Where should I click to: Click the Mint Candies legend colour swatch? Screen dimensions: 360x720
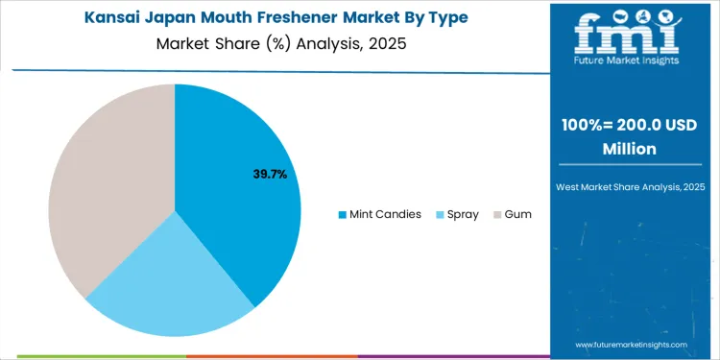click(343, 214)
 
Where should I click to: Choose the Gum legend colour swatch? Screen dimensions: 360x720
click(496, 214)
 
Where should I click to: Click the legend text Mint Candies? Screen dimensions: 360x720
click(386, 214)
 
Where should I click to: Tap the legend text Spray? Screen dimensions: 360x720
click(463, 214)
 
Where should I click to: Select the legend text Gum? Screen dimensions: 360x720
click(517, 214)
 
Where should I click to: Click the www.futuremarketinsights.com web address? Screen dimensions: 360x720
click(632, 344)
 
